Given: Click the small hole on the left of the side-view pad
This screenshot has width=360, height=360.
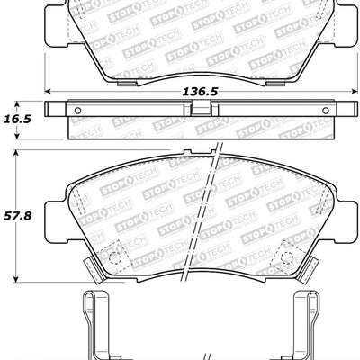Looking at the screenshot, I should (x=76, y=112).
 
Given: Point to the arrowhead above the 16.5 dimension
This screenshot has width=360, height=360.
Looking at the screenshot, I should (x=19, y=102).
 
